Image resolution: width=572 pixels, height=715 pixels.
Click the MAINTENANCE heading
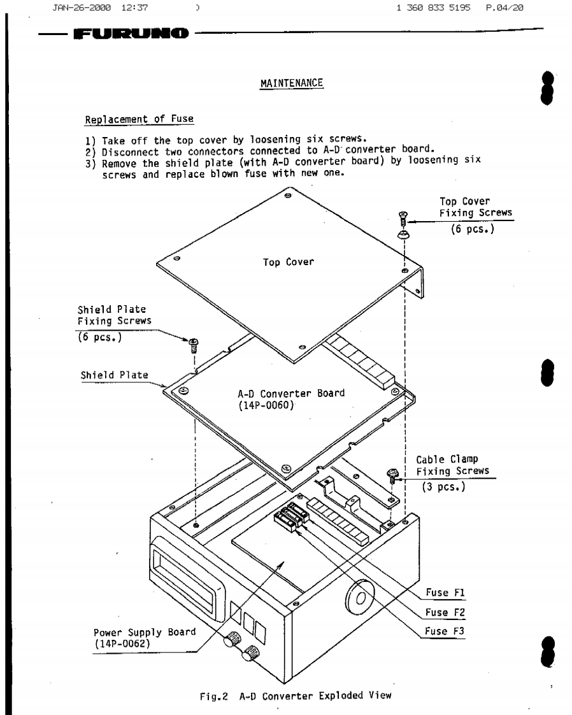click(x=292, y=84)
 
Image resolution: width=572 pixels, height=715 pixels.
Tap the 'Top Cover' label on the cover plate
click(x=288, y=262)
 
